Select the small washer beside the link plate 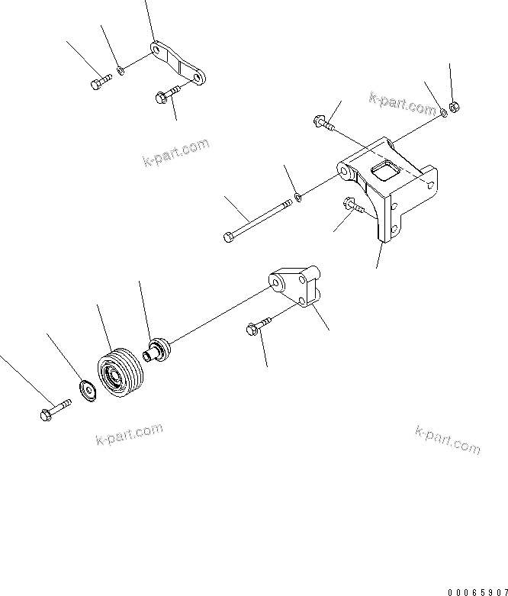point(121,72)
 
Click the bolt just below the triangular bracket point(257,327)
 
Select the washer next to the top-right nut point(443,113)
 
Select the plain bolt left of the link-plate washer point(100,82)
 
